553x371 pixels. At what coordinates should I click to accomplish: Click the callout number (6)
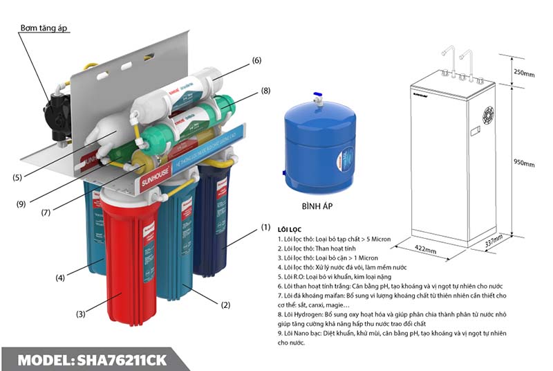pos(256,61)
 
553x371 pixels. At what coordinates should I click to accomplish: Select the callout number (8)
pos(265,91)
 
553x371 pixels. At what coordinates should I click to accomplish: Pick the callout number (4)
pos(61,278)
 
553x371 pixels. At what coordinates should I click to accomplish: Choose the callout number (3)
pos(81,314)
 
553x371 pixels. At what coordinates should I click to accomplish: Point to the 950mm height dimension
pos(525,164)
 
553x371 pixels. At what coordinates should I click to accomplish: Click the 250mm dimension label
pos(525,73)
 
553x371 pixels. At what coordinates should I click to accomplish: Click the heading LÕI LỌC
pos(290,228)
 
